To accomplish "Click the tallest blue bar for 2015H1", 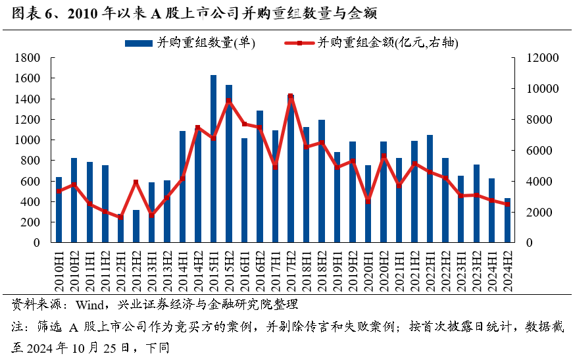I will point(213,158).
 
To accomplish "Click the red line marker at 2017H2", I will point(290,97).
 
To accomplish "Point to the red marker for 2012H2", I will point(136,182).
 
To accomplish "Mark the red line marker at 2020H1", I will point(368,201).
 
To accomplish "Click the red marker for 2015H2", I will point(228,101).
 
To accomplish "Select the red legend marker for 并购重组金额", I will point(299,43).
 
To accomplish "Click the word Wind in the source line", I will point(88,305).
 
